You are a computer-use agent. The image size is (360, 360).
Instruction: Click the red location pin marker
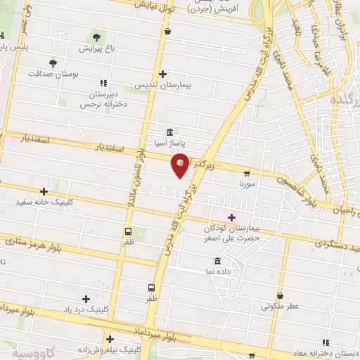(x=181, y=165)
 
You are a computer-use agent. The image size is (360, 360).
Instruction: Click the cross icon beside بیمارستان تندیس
(x=163, y=73)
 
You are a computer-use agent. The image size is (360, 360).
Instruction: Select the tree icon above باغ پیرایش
(x=96, y=37)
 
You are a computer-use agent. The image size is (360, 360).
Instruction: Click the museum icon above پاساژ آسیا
(x=169, y=132)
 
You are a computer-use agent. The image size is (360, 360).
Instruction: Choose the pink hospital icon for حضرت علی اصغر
(x=231, y=217)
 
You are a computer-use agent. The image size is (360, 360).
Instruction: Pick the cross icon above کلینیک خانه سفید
(x=44, y=191)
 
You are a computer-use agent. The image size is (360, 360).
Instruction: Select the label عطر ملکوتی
(x=281, y=307)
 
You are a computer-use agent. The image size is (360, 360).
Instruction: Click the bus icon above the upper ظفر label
(x=128, y=231)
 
